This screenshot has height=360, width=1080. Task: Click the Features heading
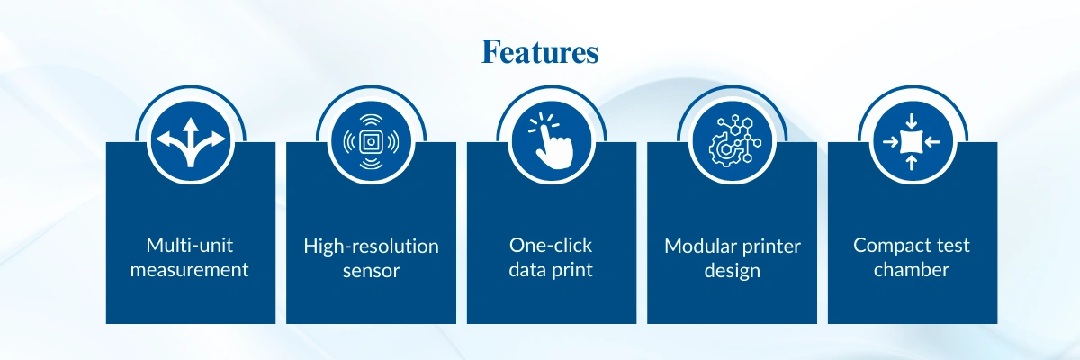pos(540,52)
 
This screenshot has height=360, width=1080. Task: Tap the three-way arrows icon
pos(191,140)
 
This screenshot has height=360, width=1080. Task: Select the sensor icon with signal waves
pos(371,140)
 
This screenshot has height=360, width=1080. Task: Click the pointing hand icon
pos(551,140)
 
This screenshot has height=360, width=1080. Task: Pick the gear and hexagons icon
pos(731,140)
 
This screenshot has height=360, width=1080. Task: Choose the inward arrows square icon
pos(912,141)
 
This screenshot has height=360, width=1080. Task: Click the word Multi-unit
pos(190,245)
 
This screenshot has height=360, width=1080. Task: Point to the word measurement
pos(190,268)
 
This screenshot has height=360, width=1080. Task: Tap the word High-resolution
pos(371,246)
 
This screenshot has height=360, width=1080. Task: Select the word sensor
pos(371,269)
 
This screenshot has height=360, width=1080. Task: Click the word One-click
pos(551,246)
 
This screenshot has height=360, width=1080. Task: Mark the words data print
pos(551,269)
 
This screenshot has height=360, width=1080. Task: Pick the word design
pos(732,269)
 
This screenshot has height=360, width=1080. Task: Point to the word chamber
pos(912,268)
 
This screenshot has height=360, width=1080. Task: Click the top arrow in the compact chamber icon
pos(912,121)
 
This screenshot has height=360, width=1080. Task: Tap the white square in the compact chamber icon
pos(912,141)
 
